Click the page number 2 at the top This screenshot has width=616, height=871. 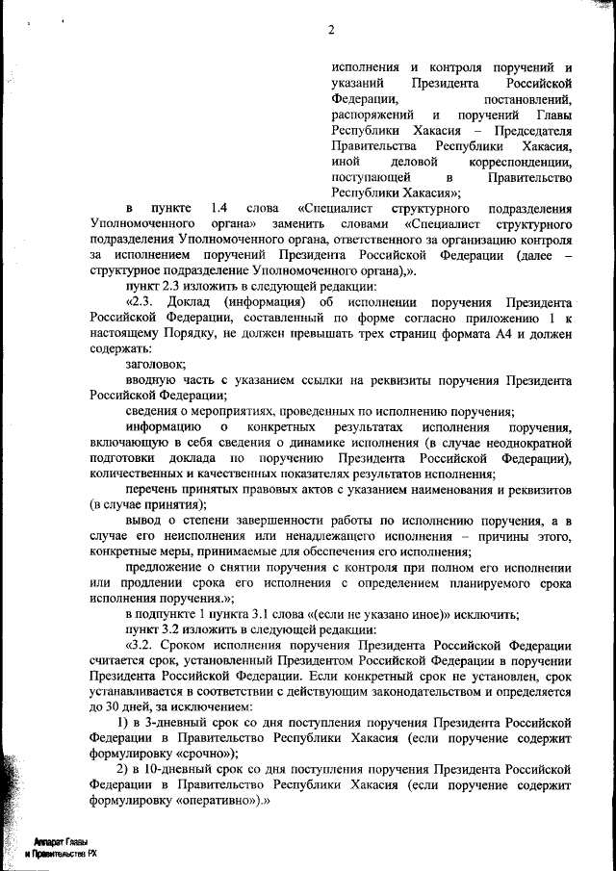330,29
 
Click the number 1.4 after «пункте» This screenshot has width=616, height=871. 218,208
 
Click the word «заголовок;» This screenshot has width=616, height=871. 155,364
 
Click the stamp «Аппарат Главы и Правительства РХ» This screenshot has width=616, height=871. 62,846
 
